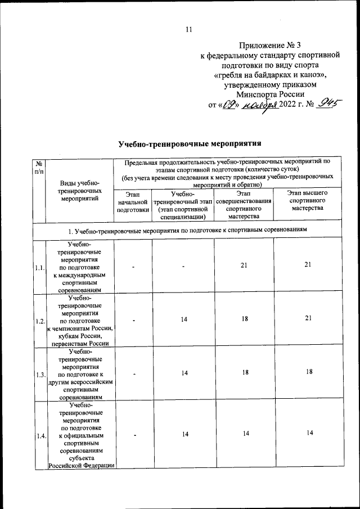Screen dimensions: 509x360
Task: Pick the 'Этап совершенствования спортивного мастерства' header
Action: (244, 204)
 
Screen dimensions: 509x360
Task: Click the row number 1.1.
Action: (39, 268)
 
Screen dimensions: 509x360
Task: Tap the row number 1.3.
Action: (39, 374)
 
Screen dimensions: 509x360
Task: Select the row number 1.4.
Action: (39, 435)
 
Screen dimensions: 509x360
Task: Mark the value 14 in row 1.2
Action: (183, 319)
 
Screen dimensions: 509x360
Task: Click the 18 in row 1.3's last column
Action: (308, 372)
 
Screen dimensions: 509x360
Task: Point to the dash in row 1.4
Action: (133, 434)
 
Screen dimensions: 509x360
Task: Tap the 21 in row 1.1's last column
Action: (308, 265)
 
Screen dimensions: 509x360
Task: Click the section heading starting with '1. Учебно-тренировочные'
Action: (188, 231)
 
